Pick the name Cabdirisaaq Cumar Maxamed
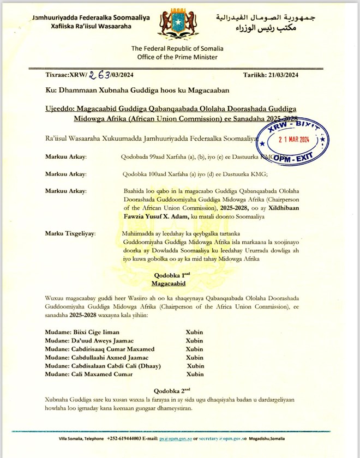100,349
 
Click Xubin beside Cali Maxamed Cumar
195,374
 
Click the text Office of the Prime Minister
174,57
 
